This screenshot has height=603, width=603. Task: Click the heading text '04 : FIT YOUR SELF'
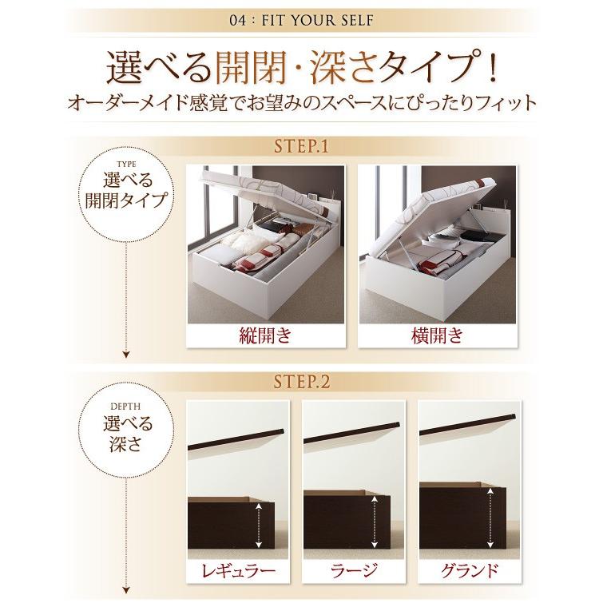301,22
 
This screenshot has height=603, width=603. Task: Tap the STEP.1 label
300,147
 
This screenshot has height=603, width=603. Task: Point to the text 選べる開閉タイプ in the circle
126,188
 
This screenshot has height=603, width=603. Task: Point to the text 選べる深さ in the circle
126,430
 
